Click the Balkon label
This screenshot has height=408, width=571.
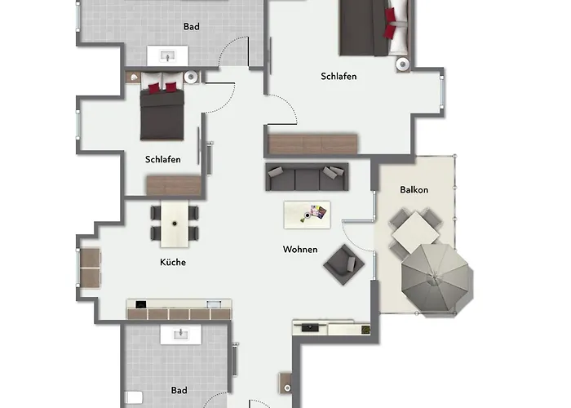[414, 190]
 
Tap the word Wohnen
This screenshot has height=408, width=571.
[300, 250]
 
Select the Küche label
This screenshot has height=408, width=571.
[173, 262]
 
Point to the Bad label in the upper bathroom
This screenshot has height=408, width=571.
[191, 27]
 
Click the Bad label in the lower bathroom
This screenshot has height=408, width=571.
[179, 390]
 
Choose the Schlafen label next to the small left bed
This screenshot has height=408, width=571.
[163, 160]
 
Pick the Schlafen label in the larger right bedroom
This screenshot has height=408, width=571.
[339, 77]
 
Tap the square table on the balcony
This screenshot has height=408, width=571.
[416, 232]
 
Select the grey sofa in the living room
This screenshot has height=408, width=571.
[307, 177]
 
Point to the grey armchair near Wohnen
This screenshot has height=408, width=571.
[343, 264]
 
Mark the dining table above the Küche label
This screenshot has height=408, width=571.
[175, 223]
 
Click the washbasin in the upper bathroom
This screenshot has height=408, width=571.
[167, 55]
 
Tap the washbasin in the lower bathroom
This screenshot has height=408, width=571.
[180, 334]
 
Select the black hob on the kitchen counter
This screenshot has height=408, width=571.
[141, 304]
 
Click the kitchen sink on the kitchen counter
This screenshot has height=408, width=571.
[214, 304]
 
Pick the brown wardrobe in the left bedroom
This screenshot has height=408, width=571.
[174, 185]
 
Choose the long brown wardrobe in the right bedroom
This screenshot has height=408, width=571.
[312, 144]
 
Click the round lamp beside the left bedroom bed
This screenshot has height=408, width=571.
[190, 78]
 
